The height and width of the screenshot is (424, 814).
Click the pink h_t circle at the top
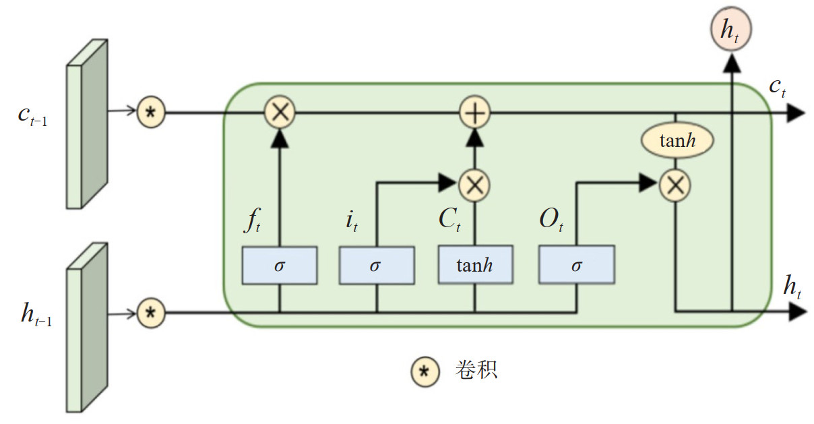pos(730,31)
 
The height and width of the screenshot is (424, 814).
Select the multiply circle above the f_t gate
pos(280,113)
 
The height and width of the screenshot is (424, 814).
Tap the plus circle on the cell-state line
pos(475,113)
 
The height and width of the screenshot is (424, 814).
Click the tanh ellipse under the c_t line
pos(676,141)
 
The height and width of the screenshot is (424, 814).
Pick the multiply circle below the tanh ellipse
pos(675,184)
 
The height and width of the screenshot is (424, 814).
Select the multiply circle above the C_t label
pos(474,184)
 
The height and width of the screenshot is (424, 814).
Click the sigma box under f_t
pos(280,265)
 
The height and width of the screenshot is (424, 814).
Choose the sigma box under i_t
pos(377,265)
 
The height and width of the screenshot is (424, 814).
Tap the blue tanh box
pos(475,265)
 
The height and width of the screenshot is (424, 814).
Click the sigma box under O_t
pos(576,265)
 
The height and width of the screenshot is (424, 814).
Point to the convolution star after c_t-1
pos(151,113)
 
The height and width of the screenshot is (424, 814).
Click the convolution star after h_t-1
pos(151,313)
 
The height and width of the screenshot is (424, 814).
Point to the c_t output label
pos(779,86)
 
